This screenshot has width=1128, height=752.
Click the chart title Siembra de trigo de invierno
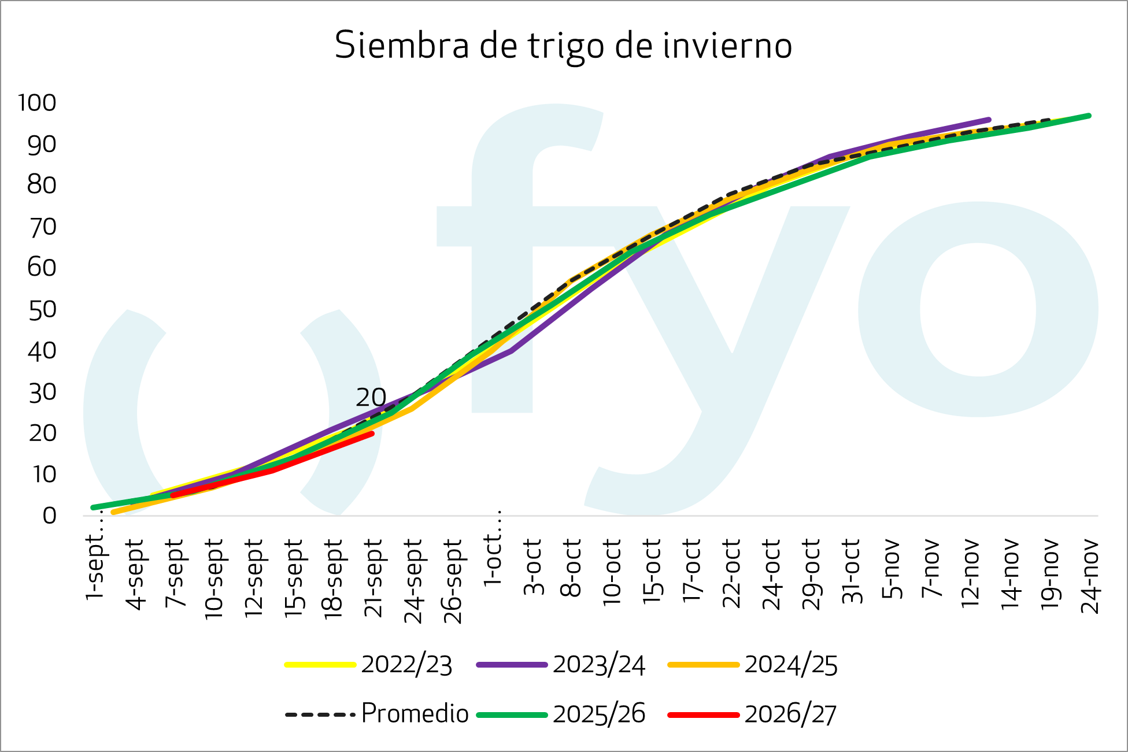[563, 45]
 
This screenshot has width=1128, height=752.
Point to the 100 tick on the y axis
[37, 103]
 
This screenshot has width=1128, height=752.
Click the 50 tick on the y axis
[42, 310]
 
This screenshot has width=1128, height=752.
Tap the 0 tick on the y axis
[49, 516]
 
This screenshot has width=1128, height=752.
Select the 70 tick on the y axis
[42, 227]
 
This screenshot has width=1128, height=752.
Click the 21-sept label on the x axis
[374, 578]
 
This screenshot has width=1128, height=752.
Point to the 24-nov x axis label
[1090, 576]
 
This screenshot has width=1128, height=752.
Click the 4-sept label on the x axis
[135, 574]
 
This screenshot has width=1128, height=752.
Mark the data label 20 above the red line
[371, 398]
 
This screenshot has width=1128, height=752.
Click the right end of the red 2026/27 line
[372, 434]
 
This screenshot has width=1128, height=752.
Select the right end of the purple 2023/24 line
[989, 120]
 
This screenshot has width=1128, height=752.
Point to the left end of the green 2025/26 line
[93, 507]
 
